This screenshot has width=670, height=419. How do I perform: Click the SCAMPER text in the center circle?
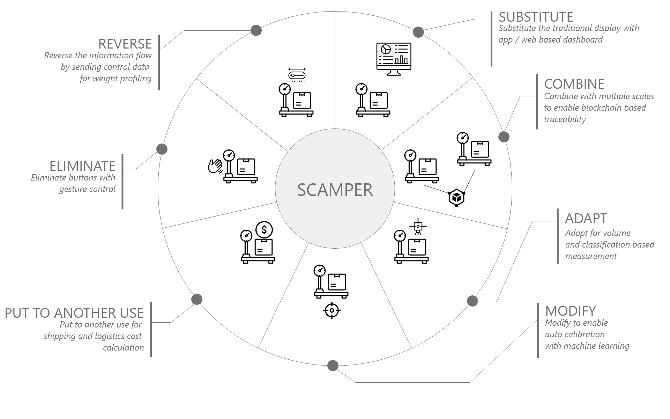click(335, 190)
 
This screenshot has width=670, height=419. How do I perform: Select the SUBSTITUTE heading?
click(536, 17)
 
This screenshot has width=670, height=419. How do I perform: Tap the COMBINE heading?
click(574, 84)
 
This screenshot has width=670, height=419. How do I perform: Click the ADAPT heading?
click(586, 219)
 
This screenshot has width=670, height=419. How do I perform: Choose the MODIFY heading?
click(570, 311)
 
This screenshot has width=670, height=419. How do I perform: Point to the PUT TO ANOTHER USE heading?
click(74, 313)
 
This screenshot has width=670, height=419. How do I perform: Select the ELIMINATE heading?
click(82, 166)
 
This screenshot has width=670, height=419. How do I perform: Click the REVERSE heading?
click(125, 44)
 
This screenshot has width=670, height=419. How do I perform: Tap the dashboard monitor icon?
click(394, 59)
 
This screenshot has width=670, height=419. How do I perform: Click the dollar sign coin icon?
click(264, 230)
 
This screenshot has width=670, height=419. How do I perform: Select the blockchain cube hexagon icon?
click(456, 198)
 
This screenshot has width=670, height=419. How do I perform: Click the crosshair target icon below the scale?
click(332, 310)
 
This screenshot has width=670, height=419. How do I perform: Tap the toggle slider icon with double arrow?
click(297, 75)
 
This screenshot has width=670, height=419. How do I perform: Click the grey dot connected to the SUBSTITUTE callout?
click(418, 32)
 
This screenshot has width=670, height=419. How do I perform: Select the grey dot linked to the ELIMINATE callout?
click(162, 149)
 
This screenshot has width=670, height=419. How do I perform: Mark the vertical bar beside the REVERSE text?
click(159, 63)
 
